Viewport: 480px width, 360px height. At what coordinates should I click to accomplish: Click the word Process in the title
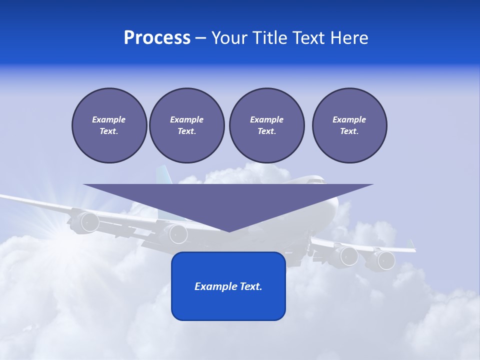point(157,38)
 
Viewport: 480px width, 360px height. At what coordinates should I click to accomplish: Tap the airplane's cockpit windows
point(315,180)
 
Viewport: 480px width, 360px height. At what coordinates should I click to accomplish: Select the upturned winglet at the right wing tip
point(412,245)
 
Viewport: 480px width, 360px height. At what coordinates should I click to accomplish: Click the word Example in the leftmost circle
point(108,119)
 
